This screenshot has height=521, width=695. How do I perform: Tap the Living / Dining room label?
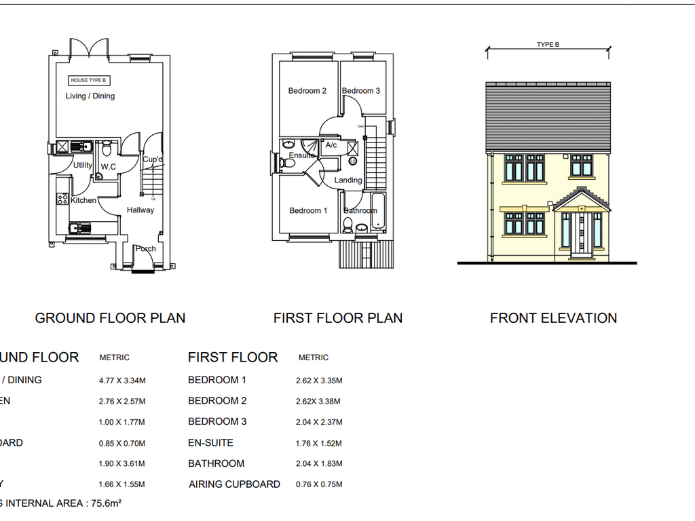(x=90, y=96)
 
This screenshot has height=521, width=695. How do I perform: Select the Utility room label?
(x=83, y=166)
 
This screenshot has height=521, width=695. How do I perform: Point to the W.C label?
(x=108, y=167)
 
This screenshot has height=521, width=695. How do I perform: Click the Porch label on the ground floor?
(x=145, y=249)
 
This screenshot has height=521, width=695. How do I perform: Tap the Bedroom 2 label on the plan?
(x=307, y=91)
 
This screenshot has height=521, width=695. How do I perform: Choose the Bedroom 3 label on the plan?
(x=361, y=91)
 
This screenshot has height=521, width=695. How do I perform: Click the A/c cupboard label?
(x=331, y=145)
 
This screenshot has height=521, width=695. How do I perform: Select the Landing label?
(x=348, y=180)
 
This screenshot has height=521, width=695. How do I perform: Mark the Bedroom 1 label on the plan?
(x=308, y=211)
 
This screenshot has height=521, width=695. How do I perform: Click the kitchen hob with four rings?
(x=62, y=199)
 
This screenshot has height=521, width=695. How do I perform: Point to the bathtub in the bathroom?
(x=377, y=212)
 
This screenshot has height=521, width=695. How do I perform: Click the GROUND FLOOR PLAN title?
(x=110, y=318)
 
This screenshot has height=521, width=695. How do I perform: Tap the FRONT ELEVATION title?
(x=553, y=318)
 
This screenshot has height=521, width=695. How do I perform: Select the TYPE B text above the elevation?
(x=548, y=45)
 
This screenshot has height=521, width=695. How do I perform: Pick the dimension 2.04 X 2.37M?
(x=319, y=422)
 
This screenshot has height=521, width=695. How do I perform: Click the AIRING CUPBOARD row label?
(x=234, y=484)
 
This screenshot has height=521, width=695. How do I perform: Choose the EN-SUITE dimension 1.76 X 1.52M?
(x=319, y=443)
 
